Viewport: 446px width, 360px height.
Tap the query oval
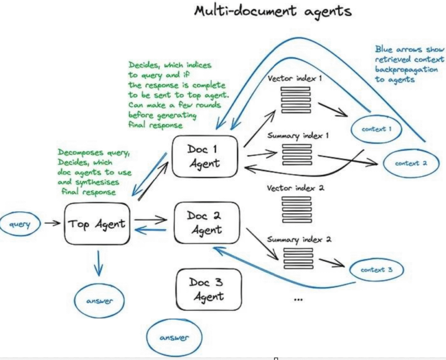click(x=19, y=225)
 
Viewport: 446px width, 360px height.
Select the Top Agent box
click(x=97, y=224)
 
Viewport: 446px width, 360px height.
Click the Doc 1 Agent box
click(x=204, y=156)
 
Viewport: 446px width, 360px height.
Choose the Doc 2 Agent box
click(x=207, y=222)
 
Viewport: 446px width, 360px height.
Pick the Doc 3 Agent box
click(x=208, y=289)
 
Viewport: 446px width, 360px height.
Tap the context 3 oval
click(x=376, y=270)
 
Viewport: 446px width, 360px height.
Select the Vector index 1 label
click(x=294, y=78)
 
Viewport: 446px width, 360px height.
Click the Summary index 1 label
click(x=297, y=136)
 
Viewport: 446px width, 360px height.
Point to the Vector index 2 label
click(x=297, y=189)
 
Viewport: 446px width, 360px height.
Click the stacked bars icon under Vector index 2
click(x=297, y=210)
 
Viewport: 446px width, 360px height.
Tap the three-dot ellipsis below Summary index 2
click(x=298, y=299)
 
